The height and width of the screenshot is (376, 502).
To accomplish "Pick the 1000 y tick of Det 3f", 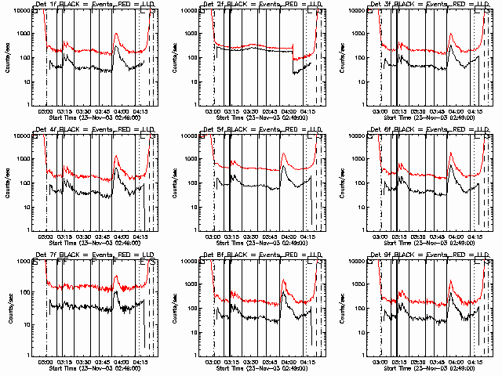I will click(x=359, y=34).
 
